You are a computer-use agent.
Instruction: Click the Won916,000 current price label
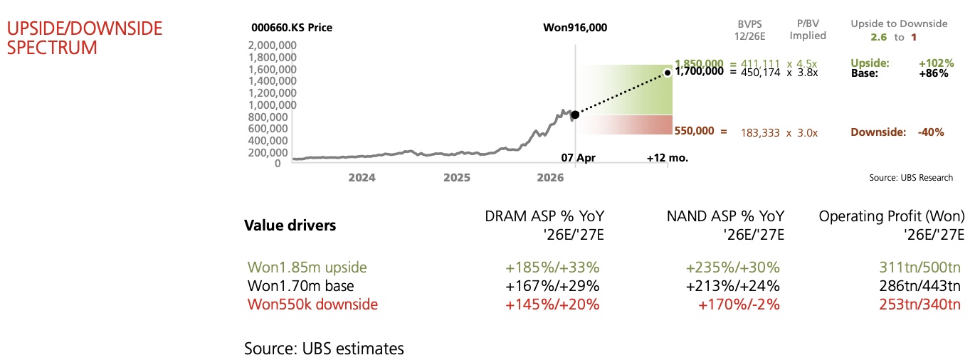tap(574, 28)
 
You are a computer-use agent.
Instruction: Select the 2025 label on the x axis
tap(455, 178)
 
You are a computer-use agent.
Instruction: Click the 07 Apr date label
tap(576, 157)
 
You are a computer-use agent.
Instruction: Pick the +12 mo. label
tap(667, 157)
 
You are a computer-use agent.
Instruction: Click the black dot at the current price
tap(575, 114)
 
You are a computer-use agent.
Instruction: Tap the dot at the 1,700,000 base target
tap(668, 71)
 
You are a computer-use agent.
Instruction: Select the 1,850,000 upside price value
tap(699, 63)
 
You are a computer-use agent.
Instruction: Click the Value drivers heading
tap(290, 226)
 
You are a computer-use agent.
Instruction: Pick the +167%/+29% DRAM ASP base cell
tap(552, 287)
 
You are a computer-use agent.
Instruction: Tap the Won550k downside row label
tap(312, 305)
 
